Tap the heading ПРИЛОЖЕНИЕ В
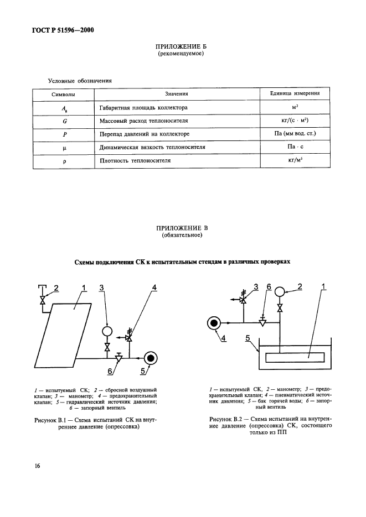(178, 228)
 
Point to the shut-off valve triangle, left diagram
(118, 357)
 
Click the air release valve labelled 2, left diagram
(42, 299)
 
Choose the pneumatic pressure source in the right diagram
(213, 322)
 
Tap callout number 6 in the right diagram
(269, 286)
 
